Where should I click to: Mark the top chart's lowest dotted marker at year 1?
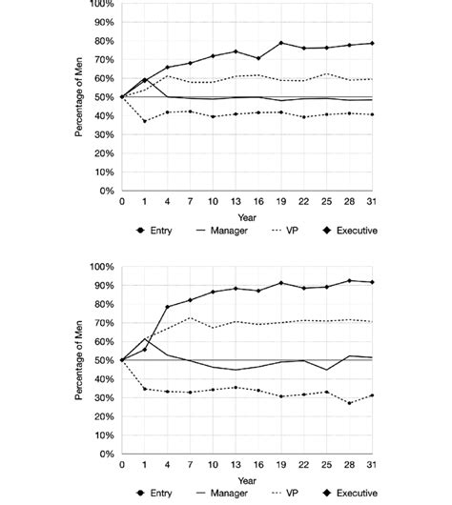[x=145, y=121]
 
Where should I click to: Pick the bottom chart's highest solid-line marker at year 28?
[x=349, y=281]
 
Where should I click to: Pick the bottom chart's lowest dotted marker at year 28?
[x=349, y=403]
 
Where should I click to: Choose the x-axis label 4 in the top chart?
[x=168, y=202]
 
